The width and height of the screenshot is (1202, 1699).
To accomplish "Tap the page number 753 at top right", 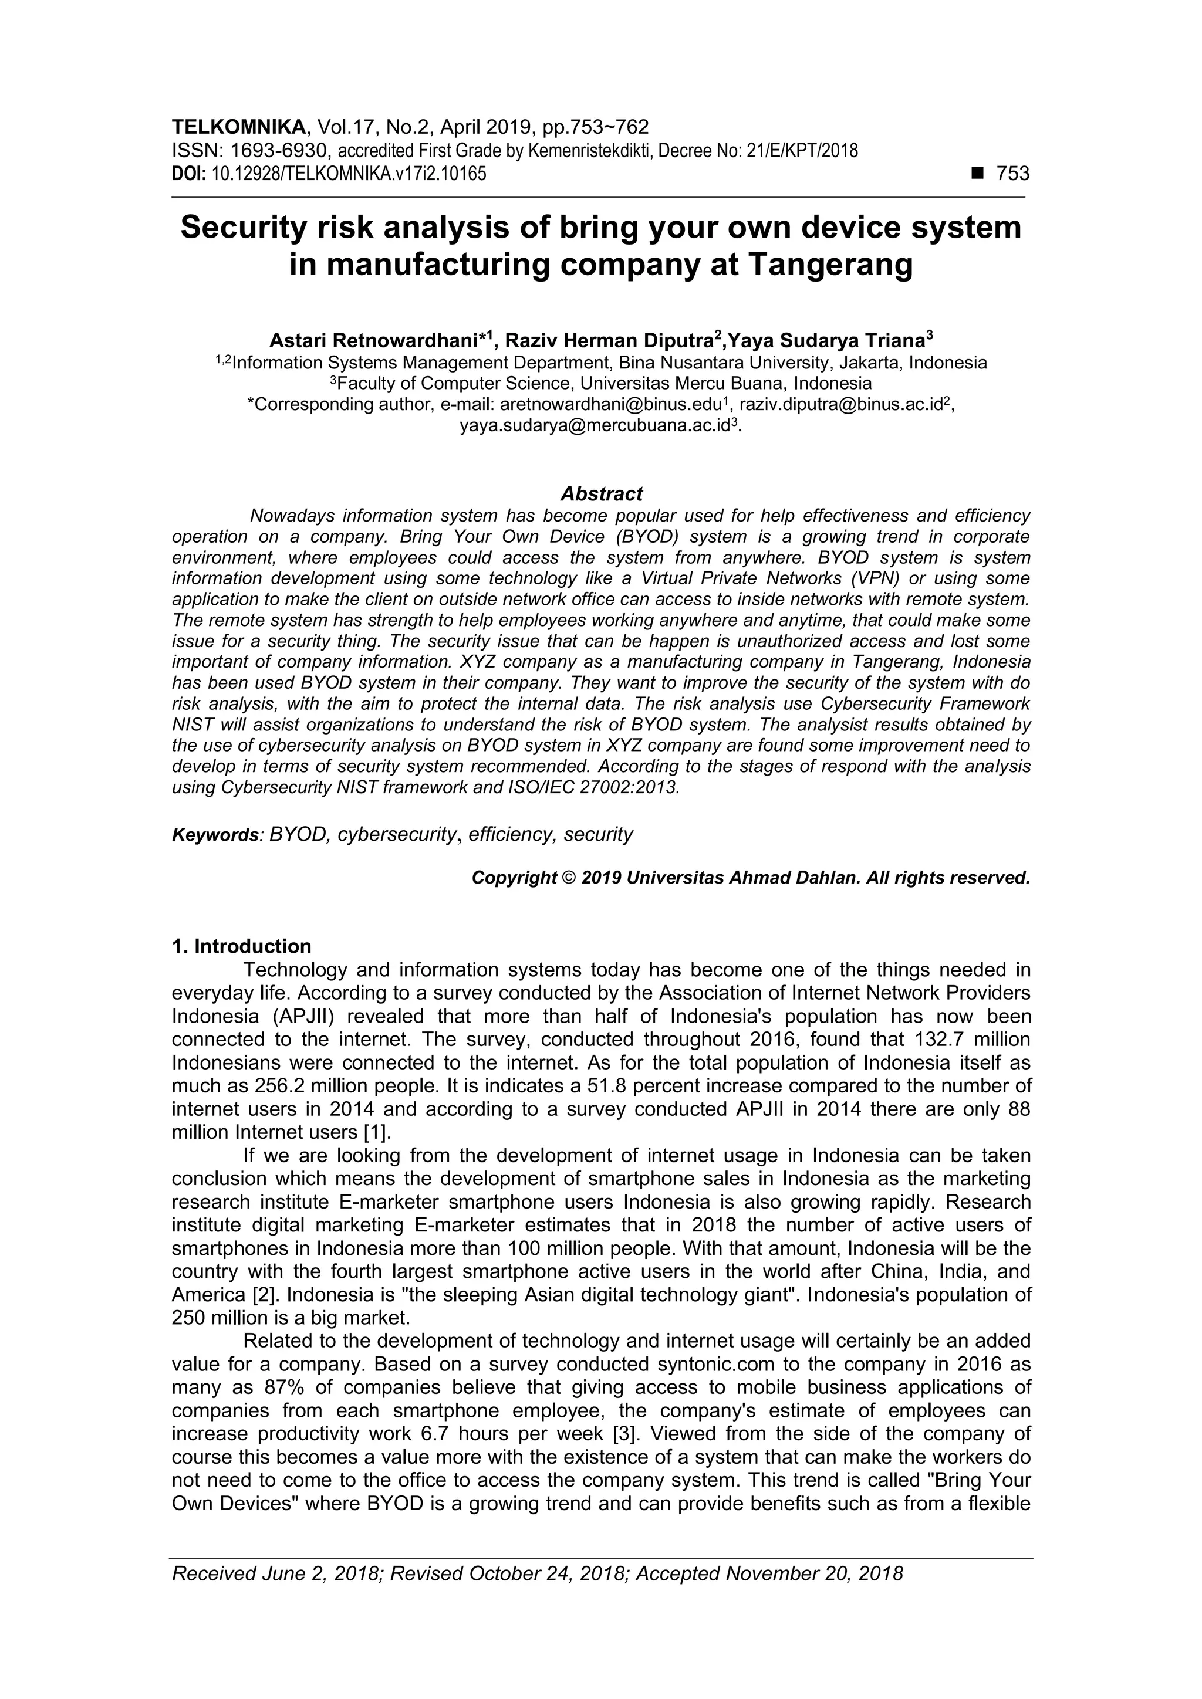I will click(1012, 173).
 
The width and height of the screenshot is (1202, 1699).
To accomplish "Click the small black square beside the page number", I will click(978, 174).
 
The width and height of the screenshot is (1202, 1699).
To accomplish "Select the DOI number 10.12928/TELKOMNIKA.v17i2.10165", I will click(349, 174).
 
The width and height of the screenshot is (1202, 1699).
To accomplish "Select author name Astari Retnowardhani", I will click(373, 340).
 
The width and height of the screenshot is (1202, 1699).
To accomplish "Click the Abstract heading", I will click(601, 493).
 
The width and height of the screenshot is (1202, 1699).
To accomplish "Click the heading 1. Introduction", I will click(241, 946).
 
